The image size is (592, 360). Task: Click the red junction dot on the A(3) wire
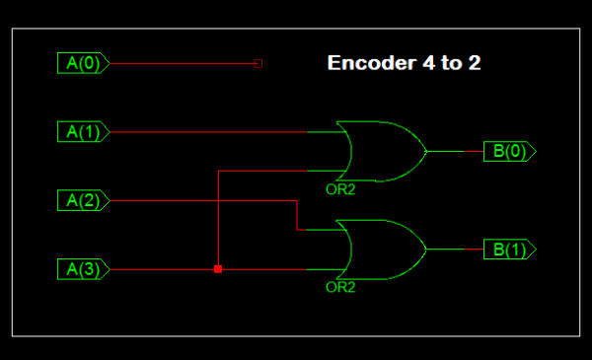pos(218,269)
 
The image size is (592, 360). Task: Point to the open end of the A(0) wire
pos(259,63)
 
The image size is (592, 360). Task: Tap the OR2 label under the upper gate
pos(340,188)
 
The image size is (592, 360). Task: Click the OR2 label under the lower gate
pos(340,288)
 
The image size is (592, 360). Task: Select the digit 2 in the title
pos(474,64)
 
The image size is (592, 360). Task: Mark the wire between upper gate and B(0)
pos(454,151)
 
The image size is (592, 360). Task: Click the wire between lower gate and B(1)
pos(454,250)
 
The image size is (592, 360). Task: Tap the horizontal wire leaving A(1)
pos(207,131)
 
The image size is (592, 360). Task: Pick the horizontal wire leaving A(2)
pos(197,201)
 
